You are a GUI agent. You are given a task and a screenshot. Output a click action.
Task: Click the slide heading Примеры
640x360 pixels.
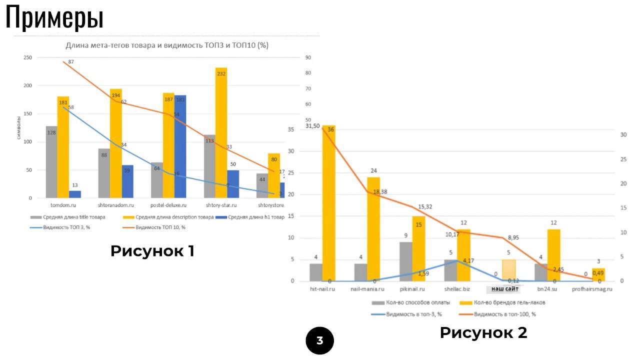click(x=54, y=17)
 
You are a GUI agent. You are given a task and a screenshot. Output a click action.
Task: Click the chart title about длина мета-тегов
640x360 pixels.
click(x=167, y=45)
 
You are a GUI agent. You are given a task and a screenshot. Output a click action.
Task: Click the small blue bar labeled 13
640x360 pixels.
click(x=75, y=194)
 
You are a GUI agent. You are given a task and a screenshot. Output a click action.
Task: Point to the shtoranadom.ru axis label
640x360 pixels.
click(x=115, y=205)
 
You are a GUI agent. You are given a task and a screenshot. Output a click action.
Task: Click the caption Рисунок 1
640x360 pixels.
click(x=152, y=251)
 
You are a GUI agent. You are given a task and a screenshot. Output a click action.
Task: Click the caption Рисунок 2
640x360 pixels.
click(x=483, y=332)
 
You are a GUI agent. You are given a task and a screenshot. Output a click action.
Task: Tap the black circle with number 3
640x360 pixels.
click(x=319, y=341)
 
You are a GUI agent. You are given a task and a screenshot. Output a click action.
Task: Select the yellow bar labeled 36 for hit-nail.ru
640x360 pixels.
click(x=328, y=202)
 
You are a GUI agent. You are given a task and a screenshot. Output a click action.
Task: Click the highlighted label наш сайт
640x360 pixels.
click(x=504, y=289)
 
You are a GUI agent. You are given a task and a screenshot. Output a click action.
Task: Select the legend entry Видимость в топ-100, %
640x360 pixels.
click(x=504, y=314)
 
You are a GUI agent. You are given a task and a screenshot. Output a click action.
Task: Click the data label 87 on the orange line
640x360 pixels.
click(x=71, y=61)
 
